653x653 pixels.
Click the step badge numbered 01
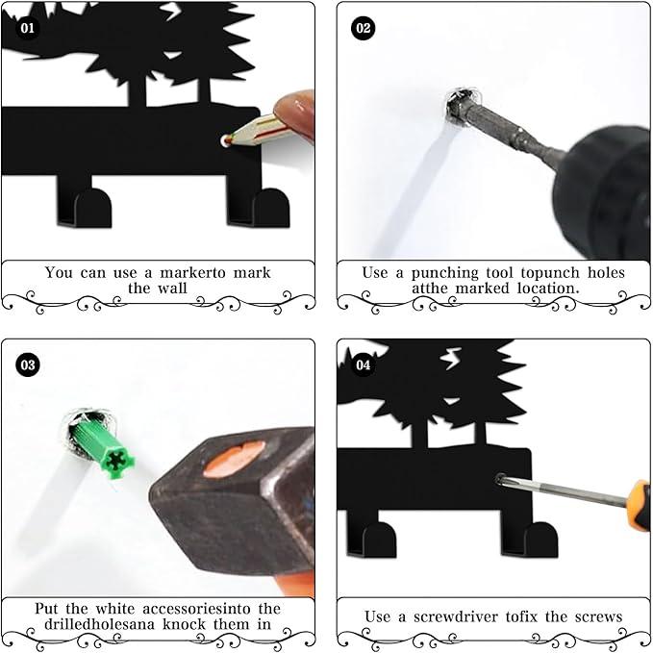[27, 28]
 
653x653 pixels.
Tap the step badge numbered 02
[364, 28]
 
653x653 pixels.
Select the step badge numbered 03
[27, 365]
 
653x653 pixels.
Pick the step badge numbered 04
[364, 365]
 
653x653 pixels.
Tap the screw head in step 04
[501, 478]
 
